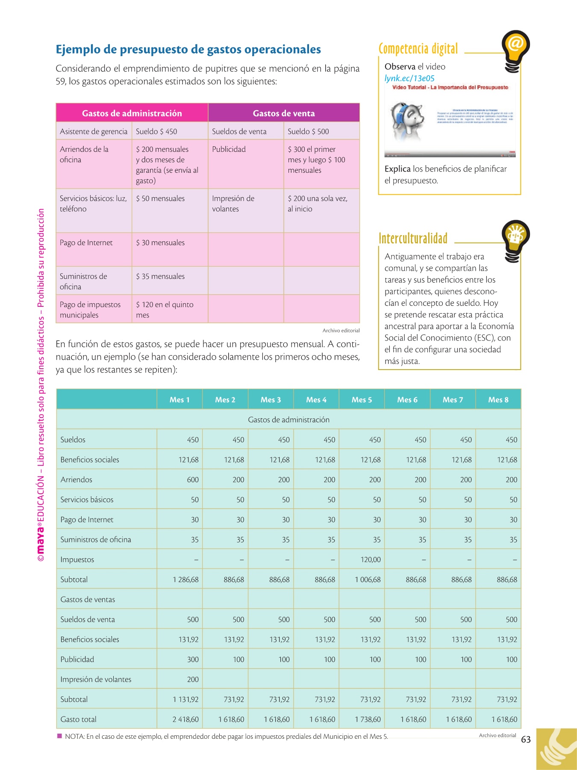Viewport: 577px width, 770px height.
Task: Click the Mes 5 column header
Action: coord(362,400)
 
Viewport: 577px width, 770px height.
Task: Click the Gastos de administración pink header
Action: coord(132,113)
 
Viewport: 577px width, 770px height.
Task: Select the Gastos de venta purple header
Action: coord(284,113)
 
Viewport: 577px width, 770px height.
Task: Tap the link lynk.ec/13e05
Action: coord(409,78)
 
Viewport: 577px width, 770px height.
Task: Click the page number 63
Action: coord(526,740)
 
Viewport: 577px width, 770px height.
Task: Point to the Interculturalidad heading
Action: coord(413,238)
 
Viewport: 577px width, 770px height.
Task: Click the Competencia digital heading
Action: coord(418,49)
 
